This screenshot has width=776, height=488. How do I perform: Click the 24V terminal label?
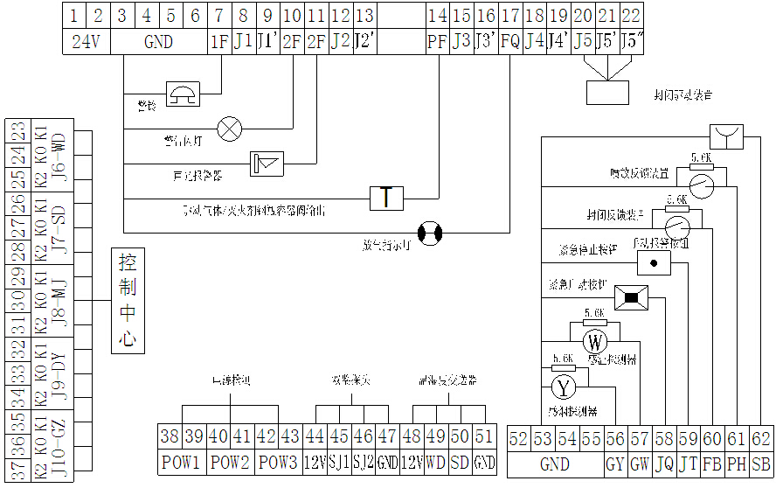85,41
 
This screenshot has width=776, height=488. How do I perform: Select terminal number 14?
436,16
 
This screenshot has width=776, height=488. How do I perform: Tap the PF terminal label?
436,41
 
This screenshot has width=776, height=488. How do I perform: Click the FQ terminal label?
510,41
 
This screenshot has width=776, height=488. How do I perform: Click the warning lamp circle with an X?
230,129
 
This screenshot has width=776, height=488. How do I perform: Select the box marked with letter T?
385,198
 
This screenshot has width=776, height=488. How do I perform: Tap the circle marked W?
594,342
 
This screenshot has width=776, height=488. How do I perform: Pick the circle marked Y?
564,386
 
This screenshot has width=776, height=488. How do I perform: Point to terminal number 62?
761,440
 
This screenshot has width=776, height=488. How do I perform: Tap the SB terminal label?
761,464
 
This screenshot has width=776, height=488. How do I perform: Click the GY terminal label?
614,464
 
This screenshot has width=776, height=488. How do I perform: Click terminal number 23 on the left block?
17,131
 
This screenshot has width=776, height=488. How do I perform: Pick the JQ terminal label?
663,464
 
